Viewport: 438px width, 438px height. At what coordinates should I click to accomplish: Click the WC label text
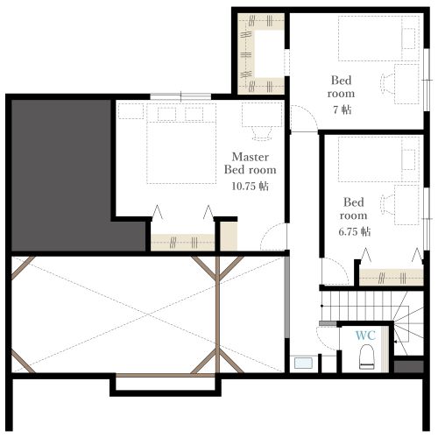coord(365,336)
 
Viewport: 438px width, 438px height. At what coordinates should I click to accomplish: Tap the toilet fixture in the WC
coord(367,357)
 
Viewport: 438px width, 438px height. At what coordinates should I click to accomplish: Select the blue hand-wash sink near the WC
coord(303,363)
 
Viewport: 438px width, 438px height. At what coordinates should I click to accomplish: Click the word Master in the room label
coord(251,157)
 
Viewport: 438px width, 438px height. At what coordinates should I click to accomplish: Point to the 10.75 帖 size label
coord(251,186)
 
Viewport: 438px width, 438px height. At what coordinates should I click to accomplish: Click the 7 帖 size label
coord(343,109)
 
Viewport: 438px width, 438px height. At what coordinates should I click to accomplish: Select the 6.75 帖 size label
coord(355,231)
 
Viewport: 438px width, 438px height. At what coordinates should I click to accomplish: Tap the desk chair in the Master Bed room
coord(262,133)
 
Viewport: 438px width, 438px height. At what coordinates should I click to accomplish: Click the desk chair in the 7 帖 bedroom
coord(387,84)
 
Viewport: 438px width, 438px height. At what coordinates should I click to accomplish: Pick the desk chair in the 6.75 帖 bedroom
coord(387,204)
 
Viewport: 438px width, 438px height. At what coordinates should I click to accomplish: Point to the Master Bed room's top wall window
coord(180,96)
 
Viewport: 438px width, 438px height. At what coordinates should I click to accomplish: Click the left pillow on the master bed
coord(166,114)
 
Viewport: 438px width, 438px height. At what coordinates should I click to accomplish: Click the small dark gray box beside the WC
coord(408,367)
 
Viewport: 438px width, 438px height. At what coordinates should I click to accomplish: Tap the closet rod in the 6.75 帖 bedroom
coord(392,278)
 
